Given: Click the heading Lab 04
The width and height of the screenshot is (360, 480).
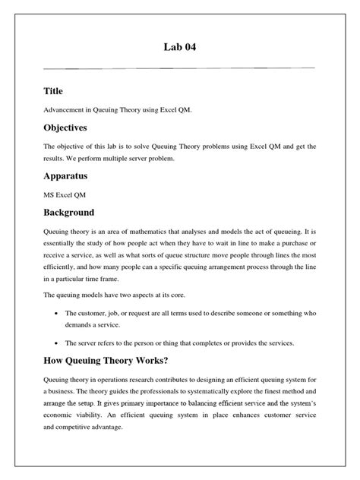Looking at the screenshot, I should [x=179, y=49].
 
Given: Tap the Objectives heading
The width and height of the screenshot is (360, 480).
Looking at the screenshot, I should [x=76, y=128].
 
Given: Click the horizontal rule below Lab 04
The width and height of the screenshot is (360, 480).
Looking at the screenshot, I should [x=179, y=68].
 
